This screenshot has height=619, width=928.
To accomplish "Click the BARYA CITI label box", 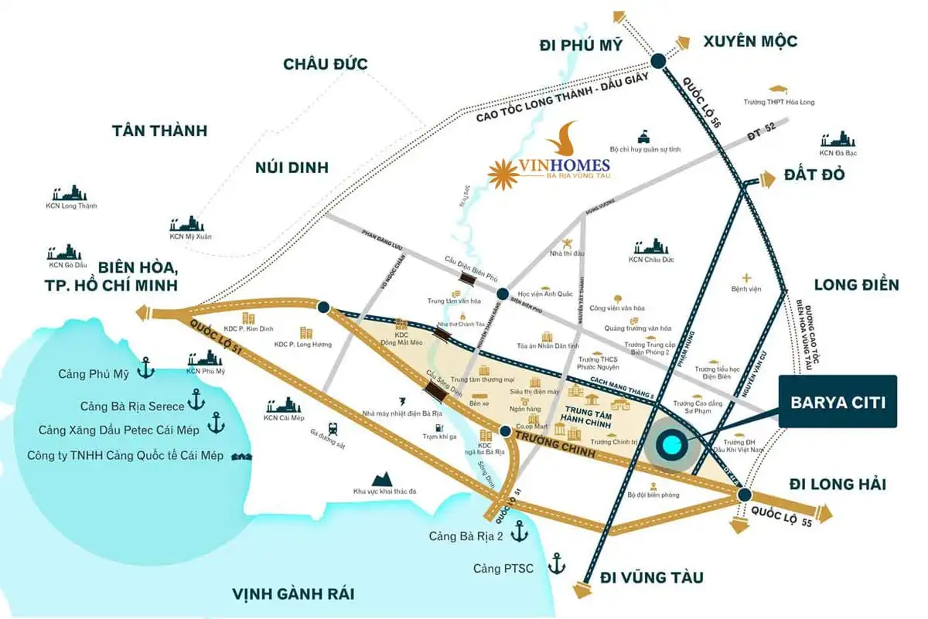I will [838, 401].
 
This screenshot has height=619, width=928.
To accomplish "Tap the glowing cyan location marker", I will [669, 445].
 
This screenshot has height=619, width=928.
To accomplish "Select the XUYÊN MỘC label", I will [749, 41].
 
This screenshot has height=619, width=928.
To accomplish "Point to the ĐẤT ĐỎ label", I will [814, 174].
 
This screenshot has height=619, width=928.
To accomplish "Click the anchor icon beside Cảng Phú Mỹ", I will [145, 372].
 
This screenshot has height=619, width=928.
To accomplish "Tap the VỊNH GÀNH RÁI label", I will [293, 593].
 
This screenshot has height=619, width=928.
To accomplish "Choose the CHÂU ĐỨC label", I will [326, 64].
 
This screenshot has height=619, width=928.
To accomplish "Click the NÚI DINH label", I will [291, 167].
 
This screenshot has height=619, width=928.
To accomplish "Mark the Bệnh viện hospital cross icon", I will [746, 277].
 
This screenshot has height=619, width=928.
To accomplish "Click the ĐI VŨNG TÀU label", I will [652, 577].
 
